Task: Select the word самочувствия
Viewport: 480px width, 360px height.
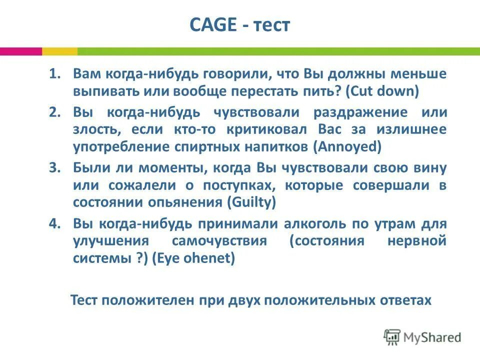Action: pos(218,241)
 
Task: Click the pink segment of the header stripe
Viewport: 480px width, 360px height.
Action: pos(20,51)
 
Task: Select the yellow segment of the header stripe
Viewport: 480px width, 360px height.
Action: pos(59,51)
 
